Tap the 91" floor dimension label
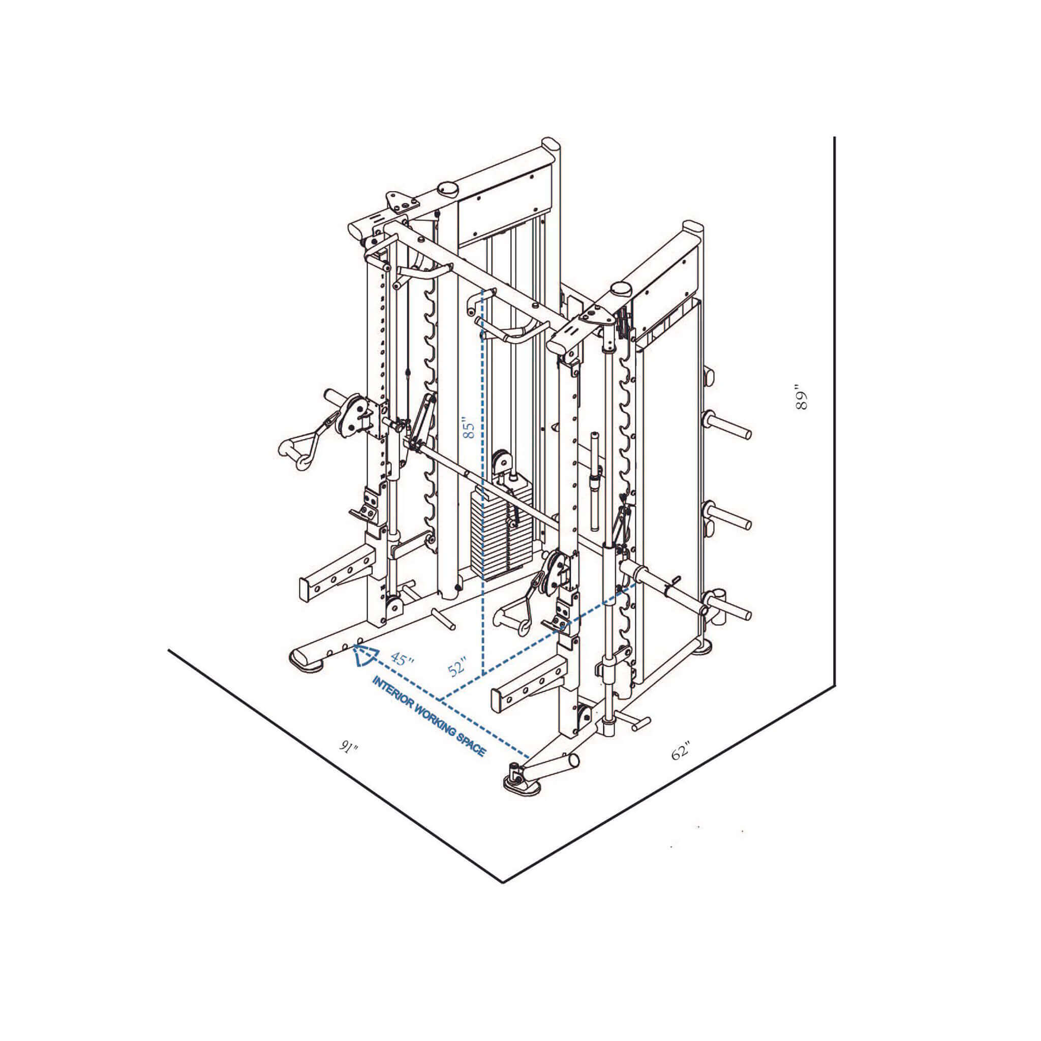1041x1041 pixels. [349, 747]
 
